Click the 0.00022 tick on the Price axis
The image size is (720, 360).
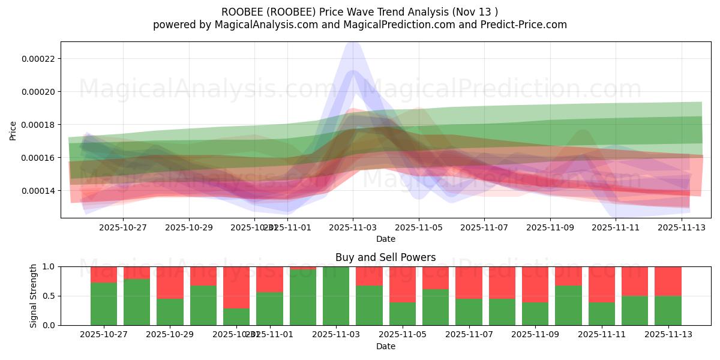tap(39, 59)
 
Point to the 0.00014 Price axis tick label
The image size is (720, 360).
tap(39, 191)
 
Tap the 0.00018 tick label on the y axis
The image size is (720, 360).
tap(39, 125)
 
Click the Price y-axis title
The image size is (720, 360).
tap(13, 130)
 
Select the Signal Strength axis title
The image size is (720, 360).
tap(34, 296)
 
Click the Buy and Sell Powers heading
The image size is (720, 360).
tap(385, 257)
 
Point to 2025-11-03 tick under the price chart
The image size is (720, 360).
tap(353, 227)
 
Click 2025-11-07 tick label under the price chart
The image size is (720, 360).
tap(484, 227)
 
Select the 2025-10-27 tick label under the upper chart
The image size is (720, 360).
tap(123, 227)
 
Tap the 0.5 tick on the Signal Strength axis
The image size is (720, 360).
tap(47, 296)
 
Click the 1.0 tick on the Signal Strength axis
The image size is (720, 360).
tap(47, 266)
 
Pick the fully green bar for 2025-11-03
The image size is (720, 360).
tap(336, 296)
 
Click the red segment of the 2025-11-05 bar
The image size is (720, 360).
tap(402, 284)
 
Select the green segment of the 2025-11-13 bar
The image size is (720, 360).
tap(668, 310)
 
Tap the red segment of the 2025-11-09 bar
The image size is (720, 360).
tap(535, 284)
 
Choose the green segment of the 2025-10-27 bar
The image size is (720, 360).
tap(104, 304)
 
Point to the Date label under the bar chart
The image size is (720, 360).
tap(385, 346)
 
